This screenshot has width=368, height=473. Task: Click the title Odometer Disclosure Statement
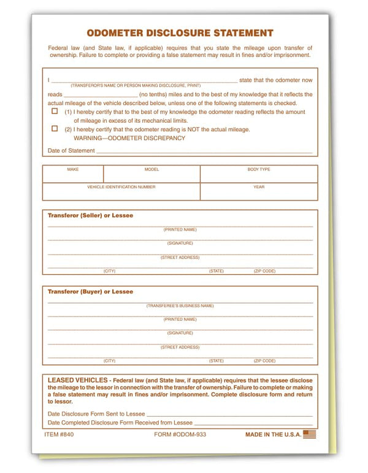[180, 33]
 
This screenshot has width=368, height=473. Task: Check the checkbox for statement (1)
[55, 112]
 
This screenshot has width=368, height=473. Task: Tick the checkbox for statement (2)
[55, 129]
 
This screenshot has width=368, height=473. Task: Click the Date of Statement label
[71, 150]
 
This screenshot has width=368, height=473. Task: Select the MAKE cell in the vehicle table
[73, 174]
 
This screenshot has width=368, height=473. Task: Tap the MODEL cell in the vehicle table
[151, 174]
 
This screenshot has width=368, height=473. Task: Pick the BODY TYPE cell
[258, 174]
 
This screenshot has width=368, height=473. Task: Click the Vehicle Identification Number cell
[121, 191]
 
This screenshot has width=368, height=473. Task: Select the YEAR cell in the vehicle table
[258, 191]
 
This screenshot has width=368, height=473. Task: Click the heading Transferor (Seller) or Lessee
[90, 215]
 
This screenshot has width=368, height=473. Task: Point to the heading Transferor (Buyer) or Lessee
[90, 292]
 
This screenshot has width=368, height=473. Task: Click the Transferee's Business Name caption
[180, 306]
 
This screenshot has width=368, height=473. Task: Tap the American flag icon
[310, 434]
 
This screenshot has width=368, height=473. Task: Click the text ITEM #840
[60, 434]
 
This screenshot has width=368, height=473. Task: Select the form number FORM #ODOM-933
[180, 434]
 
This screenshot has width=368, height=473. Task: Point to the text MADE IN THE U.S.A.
[273, 434]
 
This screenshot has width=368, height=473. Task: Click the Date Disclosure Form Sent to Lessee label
[96, 414]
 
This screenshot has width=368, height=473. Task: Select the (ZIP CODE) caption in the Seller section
[264, 271]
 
